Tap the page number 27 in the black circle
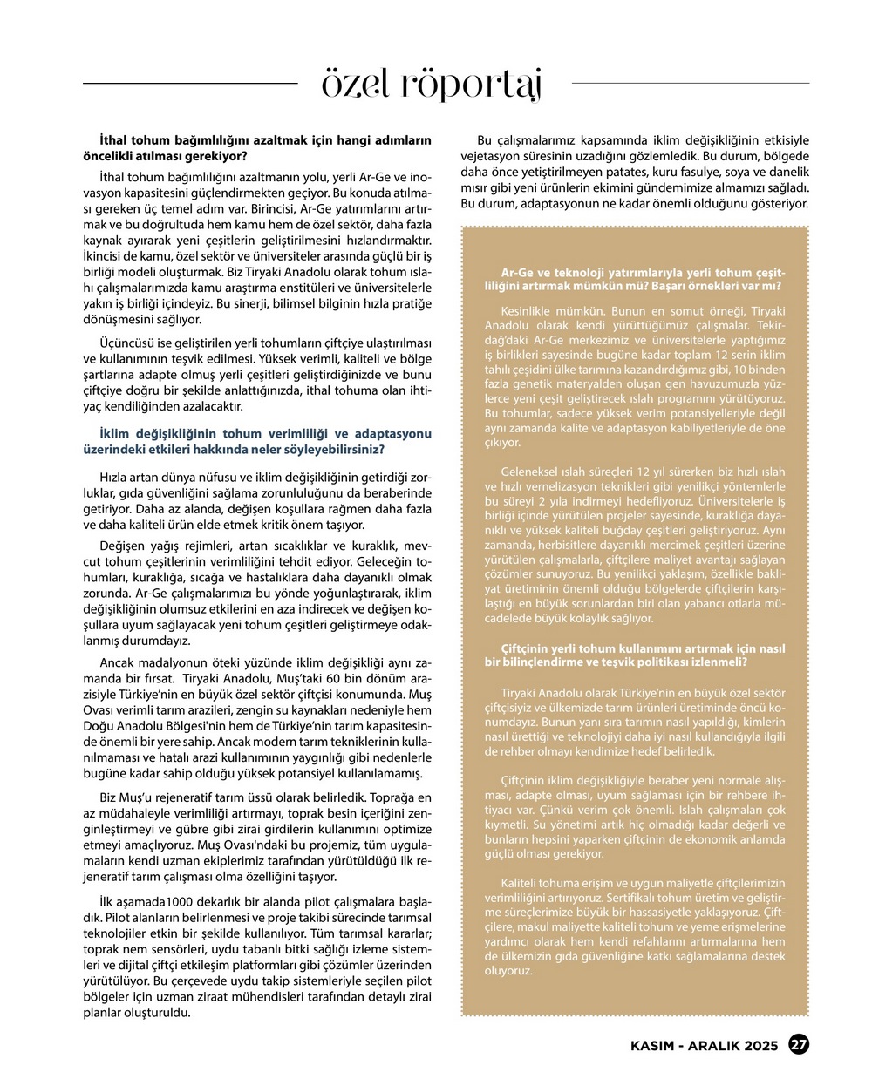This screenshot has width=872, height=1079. pos(798,1044)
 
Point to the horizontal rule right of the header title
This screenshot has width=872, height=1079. pos(690,84)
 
